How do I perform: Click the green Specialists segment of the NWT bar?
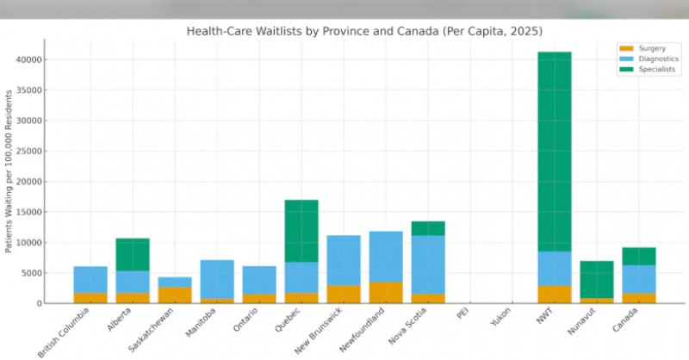[x=555, y=151]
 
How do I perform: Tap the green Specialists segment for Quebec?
[x=301, y=231]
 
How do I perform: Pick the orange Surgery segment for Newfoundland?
[x=386, y=293]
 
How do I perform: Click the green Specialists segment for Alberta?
[x=133, y=255]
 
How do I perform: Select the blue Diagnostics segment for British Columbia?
[x=90, y=279]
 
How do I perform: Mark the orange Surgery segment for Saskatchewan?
[x=175, y=295]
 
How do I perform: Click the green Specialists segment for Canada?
[x=639, y=256]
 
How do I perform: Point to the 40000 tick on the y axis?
[x=32, y=59]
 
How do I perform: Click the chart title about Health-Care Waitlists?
[x=364, y=31]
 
